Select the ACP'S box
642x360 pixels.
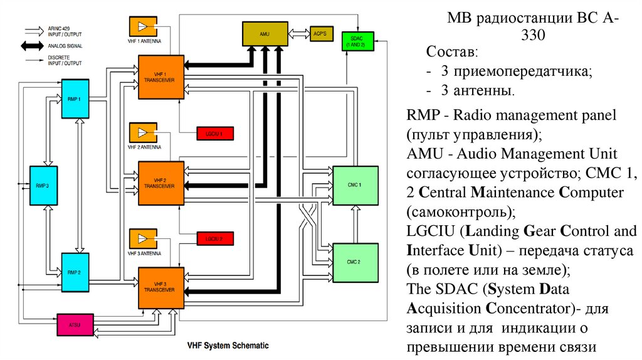tap(320, 34)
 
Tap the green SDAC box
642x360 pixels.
tap(354, 42)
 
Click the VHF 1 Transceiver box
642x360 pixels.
tap(161, 77)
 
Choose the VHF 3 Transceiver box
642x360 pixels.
tap(161, 287)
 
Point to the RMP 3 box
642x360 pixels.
tap(43, 186)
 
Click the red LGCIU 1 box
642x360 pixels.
tap(214, 133)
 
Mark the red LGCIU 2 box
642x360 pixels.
tap(214, 238)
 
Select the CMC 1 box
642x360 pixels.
tap(355, 186)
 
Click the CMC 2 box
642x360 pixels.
tap(355, 262)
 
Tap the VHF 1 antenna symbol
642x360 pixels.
tap(144, 26)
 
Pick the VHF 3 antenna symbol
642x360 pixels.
tap(144, 239)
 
